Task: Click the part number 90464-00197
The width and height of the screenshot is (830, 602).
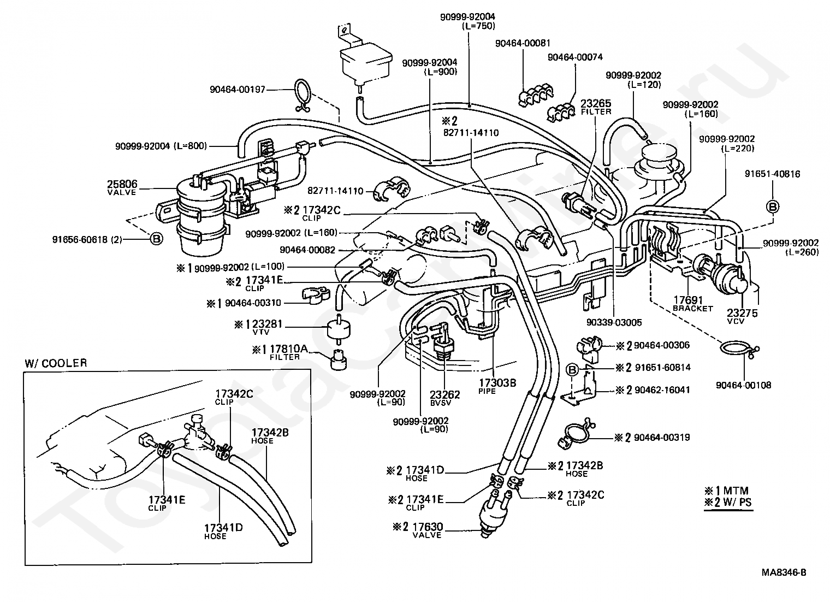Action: click(x=238, y=90)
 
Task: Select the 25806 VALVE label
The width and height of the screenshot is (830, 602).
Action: click(x=122, y=187)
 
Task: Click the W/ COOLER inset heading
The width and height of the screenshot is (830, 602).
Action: click(x=56, y=363)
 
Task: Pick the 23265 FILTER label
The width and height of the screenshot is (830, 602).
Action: click(x=595, y=107)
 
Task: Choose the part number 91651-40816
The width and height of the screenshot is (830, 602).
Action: click(x=773, y=174)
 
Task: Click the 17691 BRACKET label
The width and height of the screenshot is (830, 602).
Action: click(x=692, y=304)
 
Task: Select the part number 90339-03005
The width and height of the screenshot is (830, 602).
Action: click(x=614, y=322)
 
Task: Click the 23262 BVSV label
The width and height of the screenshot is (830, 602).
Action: click(x=444, y=398)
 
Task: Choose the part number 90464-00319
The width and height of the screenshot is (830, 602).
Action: click(x=662, y=438)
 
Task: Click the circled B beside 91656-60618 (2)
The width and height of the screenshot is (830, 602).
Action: click(x=157, y=239)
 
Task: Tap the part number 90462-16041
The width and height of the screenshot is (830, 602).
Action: click(x=662, y=390)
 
